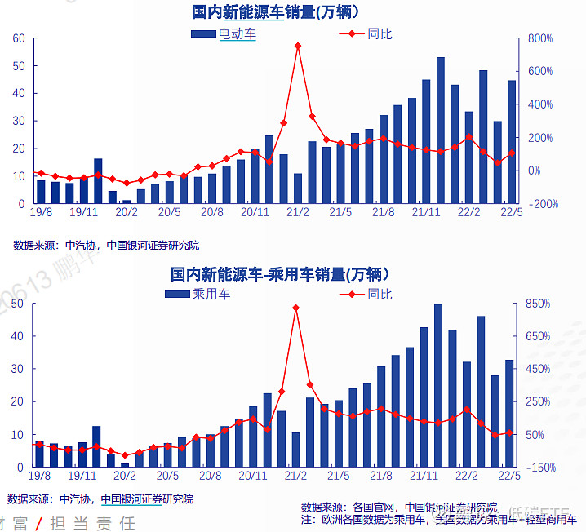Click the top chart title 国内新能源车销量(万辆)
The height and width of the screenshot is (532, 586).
[x=276, y=11]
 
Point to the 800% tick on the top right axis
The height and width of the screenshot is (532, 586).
[x=540, y=38]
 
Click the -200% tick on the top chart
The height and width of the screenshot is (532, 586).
[x=542, y=204]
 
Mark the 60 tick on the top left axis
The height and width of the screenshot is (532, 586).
[x=19, y=38]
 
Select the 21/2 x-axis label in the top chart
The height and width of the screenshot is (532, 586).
[x=298, y=212]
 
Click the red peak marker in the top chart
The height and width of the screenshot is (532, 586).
[x=298, y=46]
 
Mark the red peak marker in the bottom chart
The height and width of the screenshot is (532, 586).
[x=295, y=308]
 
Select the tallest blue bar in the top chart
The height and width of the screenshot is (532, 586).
[x=441, y=131]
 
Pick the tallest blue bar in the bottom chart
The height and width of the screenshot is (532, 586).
[x=438, y=385]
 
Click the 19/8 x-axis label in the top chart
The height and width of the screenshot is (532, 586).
[x=40, y=212]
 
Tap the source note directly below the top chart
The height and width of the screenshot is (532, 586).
[x=106, y=245]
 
